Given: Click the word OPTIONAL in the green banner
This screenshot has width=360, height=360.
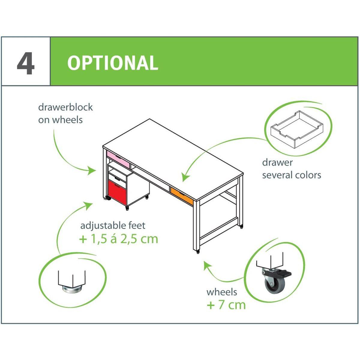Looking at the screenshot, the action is [x=113, y=63].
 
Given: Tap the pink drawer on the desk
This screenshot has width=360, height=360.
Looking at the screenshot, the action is [x=118, y=159].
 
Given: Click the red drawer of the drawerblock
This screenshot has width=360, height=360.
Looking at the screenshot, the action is [x=118, y=193].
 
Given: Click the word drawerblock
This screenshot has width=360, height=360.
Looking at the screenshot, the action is [x=65, y=107].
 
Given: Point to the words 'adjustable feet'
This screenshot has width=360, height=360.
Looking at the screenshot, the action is [x=113, y=225].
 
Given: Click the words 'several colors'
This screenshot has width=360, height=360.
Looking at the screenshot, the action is [x=292, y=175].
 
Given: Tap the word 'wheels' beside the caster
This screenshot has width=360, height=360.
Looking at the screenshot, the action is [x=222, y=292].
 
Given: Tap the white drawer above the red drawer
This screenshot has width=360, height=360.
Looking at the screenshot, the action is [x=117, y=177].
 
